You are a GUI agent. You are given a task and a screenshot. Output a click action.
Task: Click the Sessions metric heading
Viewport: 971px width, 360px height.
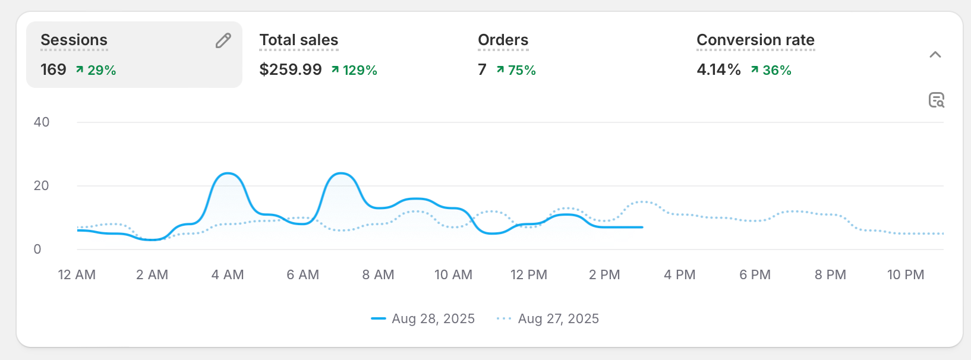point(74,40)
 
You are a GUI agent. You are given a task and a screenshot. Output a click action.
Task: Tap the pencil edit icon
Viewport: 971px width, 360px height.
point(223,40)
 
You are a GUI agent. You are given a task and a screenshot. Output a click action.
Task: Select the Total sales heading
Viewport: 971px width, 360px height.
point(298,40)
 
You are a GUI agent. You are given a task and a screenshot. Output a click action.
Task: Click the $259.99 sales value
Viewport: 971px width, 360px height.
point(291,70)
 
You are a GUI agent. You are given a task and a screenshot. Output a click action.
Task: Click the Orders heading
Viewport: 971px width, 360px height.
point(503,40)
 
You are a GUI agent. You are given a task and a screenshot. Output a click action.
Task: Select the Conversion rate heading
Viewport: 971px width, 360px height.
point(755,40)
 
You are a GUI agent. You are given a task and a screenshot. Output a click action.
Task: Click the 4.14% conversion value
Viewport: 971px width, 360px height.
point(718,70)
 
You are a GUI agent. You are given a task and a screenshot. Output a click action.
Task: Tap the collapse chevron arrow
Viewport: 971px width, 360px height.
point(935,55)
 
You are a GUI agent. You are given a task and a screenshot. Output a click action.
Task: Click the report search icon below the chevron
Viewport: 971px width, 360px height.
point(937,100)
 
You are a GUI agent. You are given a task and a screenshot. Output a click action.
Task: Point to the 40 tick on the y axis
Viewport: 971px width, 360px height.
point(42,122)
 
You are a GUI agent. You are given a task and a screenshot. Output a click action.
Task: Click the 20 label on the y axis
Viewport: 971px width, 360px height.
point(42,186)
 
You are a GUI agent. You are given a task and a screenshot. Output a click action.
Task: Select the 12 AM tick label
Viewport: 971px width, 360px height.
point(77,274)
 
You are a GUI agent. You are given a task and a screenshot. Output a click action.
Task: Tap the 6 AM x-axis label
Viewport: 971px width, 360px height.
point(303,274)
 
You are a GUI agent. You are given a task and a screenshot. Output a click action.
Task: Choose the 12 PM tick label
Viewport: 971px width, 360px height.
point(529,274)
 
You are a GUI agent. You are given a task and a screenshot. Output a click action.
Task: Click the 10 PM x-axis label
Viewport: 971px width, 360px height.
point(906,274)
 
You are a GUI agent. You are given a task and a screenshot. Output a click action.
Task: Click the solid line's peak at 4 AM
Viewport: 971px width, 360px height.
point(228,173)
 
